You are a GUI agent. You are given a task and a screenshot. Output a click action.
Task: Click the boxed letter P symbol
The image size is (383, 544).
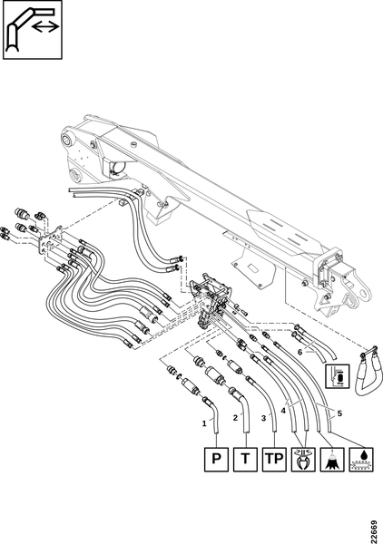[216, 459]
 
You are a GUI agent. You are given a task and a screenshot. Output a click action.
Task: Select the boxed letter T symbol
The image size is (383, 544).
[245, 459]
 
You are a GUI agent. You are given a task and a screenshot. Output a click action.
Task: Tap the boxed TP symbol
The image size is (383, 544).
[274, 459]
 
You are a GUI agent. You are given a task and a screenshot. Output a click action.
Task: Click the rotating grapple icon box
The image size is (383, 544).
[303, 459]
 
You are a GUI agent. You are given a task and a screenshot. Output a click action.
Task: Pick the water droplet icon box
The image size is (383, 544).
[361, 459]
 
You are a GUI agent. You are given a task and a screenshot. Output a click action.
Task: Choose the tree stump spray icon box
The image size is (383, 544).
[332, 459]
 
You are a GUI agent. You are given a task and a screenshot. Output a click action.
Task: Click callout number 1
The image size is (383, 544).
[204, 423]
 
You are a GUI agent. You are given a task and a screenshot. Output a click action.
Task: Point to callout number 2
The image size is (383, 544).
[235, 418]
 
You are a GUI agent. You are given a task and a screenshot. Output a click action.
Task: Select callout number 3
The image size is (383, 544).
[263, 418]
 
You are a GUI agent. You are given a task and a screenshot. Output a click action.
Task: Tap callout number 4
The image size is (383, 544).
[283, 411]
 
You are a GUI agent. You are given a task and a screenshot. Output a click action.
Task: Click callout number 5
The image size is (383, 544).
[339, 413]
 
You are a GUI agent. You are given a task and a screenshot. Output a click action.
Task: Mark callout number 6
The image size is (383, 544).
[300, 352]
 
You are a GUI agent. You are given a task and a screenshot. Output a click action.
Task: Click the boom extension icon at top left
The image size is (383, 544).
[33, 30]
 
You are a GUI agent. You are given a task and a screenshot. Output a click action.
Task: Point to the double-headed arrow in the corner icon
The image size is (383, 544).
[45, 26]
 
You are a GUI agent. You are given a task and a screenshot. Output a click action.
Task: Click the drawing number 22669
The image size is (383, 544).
[374, 532]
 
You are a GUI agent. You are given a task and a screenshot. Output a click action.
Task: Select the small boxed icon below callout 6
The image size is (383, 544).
[337, 375]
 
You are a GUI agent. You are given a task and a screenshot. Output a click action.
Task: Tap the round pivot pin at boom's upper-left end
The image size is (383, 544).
[66, 141]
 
